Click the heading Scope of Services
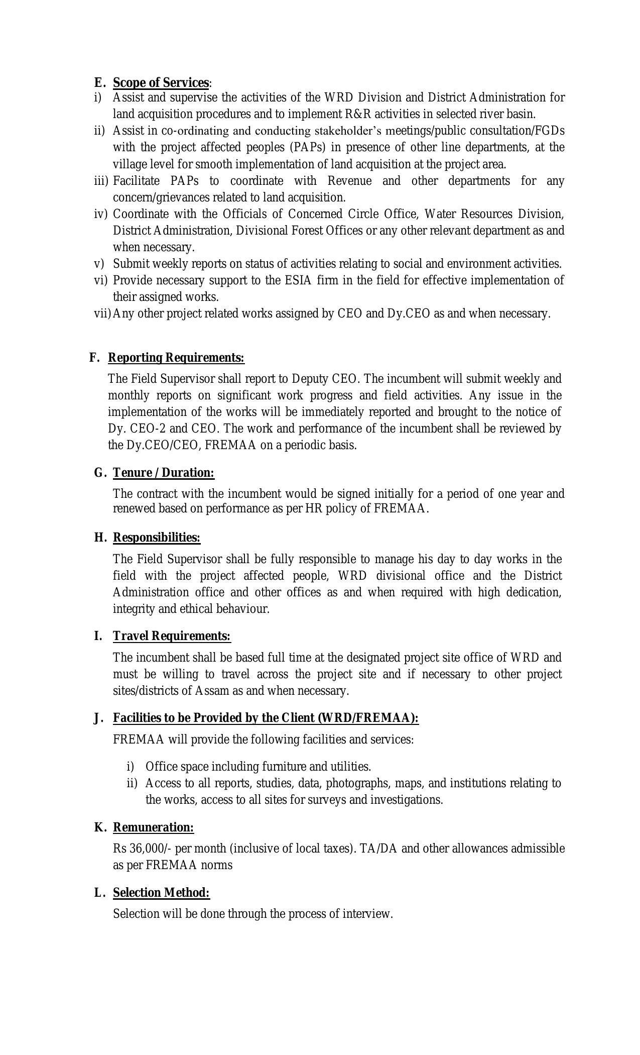click(161, 82)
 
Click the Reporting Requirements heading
click(176, 358)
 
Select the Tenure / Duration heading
click(164, 473)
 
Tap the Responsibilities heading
click(157, 538)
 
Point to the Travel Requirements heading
click(172, 636)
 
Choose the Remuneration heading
click(153, 827)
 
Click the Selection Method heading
click(161, 893)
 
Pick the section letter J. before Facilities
click(99, 718)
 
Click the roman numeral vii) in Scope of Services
click(102, 313)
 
